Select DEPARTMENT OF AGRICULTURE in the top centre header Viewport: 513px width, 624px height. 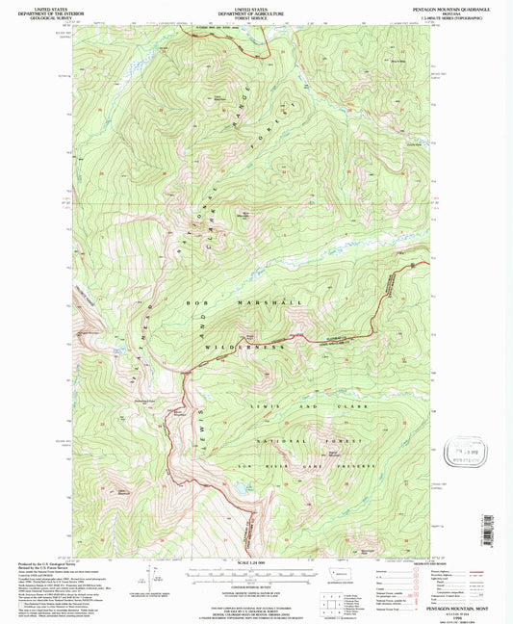click(249, 9)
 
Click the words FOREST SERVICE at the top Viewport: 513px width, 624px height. click(249, 13)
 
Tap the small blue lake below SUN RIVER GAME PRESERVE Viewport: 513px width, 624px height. click(234, 492)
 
